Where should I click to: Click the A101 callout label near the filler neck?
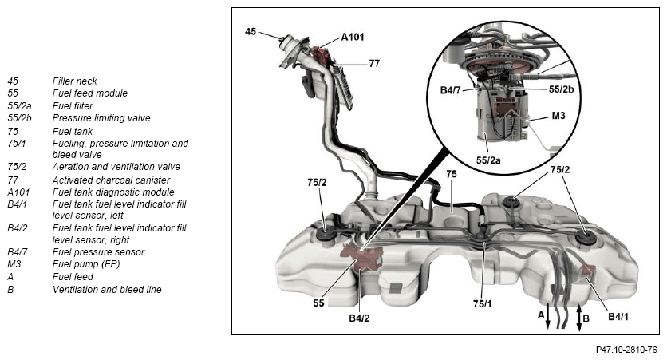coord(354,37)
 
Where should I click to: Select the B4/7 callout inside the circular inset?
coord(451,90)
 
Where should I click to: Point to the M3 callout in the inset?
coord(559,117)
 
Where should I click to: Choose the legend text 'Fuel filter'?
coord(73,105)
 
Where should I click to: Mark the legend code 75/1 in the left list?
coord(17,143)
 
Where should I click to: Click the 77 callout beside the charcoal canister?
coord(373,62)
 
